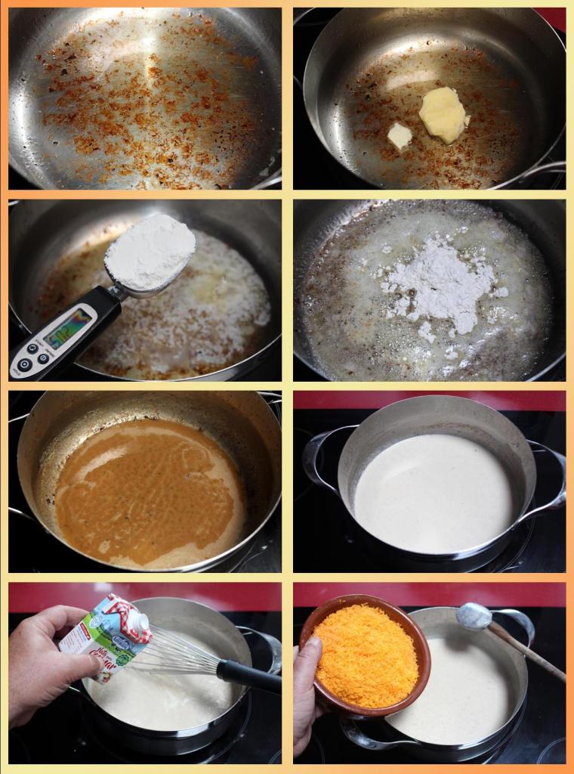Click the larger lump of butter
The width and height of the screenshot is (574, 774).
(443, 114)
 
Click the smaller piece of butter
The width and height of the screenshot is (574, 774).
(400, 136)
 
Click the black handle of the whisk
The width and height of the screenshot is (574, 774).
(249, 674)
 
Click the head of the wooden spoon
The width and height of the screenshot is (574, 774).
(473, 615)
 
